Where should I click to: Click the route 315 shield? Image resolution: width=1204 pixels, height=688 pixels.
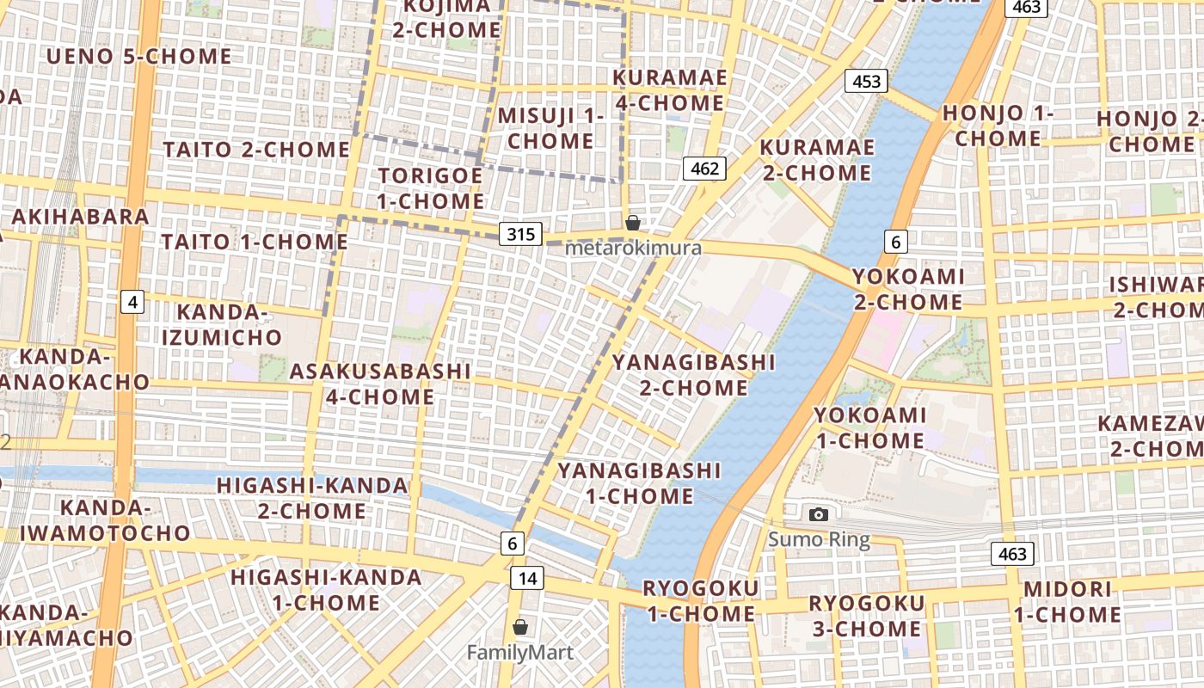click(521, 234)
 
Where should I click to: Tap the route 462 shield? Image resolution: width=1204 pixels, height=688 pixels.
click(704, 169)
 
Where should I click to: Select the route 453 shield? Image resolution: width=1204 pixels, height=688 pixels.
click(867, 82)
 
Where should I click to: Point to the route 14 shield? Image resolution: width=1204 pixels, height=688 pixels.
click(527, 578)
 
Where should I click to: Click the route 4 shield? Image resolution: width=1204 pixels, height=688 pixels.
click(132, 302)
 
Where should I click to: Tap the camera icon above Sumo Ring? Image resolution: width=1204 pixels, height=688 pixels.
click(819, 514)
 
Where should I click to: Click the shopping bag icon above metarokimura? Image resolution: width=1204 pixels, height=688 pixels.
click(633, 223)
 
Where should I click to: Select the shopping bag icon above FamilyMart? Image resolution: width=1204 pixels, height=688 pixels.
click(519, 627)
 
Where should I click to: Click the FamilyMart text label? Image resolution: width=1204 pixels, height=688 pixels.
click(519, 653)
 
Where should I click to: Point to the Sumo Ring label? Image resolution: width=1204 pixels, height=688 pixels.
click(819, 540)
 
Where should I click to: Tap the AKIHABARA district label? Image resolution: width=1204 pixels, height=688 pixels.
click(81, 216)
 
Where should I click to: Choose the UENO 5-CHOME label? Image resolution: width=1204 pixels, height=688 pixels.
click(138, 57)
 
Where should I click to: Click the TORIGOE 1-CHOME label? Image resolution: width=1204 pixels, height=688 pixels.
click(431, 188)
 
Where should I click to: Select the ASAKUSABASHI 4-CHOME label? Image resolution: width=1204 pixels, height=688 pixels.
click(380, 384)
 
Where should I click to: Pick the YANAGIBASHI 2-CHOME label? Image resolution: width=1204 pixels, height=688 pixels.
click(693, 374)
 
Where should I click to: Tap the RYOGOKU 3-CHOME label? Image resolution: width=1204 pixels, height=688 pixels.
click(866, 616)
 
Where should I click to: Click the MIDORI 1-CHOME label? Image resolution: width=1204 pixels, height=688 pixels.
click(1067, 602)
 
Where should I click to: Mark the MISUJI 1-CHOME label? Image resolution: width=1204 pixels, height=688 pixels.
click(551, 127)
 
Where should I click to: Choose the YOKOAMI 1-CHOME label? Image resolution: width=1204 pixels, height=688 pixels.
click(869, 427)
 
